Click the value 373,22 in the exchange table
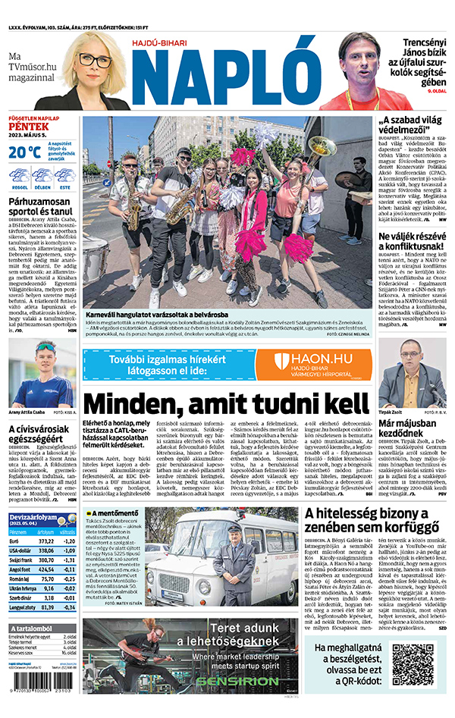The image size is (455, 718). coord(46,541)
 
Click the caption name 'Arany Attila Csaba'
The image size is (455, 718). coord(25,412)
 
